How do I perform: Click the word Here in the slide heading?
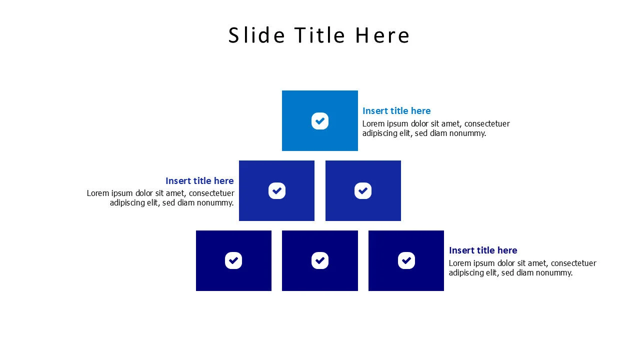coord(382,35)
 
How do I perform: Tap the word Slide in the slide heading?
coord(256,35)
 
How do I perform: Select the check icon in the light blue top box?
coord(320,121)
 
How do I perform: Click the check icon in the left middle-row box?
coord(276,190)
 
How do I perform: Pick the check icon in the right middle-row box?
coord(363,190)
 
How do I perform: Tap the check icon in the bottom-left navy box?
coord(233,260)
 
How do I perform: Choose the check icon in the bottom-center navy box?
coord(320,260)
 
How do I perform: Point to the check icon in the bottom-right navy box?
coord(406,260)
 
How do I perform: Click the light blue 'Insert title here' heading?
coord(396,111)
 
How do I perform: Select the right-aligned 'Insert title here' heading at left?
coord(199,181)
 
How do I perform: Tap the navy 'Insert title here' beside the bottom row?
coord(483,250)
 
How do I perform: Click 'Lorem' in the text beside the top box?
coord(373,123)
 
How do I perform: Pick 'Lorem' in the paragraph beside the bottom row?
coord(459,263)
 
